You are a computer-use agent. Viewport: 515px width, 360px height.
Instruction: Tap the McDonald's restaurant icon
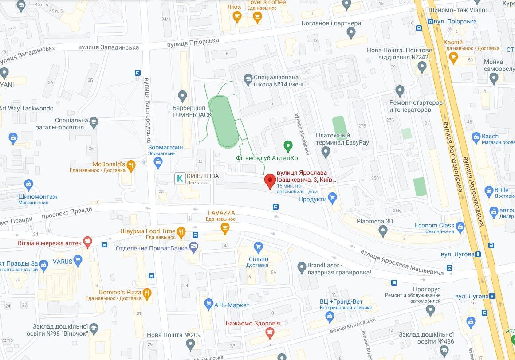coord(130,166)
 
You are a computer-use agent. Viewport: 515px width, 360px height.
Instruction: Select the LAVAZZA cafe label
coord(221,213)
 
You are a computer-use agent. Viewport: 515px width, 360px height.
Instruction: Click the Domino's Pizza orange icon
coord(147,292)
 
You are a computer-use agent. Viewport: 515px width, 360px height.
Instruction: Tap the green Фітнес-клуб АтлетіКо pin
coord(288,146)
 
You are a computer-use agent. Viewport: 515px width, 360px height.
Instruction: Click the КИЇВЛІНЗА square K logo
coord(180,178)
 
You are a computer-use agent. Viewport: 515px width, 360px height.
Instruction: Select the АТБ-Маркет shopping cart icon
coord(208,304)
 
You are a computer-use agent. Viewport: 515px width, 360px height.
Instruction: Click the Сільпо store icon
coord(259,247)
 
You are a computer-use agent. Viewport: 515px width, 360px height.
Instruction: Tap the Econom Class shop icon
coord(460,227)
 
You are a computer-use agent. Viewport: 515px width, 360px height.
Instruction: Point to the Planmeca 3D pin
coord(384,231)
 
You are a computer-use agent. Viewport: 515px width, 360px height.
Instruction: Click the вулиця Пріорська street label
coord(193,43)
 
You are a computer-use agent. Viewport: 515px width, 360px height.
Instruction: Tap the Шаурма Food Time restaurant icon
coord(181,231)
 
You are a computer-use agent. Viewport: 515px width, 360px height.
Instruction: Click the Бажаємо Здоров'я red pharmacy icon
coord(269,333)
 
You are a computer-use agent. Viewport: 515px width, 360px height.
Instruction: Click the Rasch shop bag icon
coord(476,137)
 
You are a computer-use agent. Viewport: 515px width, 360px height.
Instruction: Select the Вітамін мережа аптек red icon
coord(87,242)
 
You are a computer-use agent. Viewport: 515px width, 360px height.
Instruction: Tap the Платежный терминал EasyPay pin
coord(326,153)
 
